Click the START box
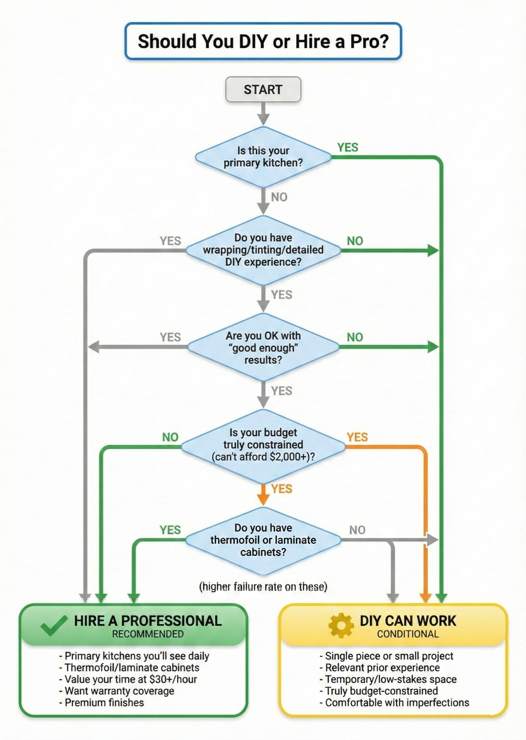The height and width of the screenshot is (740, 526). [x=263, y=89]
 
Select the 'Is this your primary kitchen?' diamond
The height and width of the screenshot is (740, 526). [x=263, y=157]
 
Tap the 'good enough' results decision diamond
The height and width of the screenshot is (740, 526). [x=263, y=347]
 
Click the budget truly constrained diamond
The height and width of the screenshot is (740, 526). [x=263, y=445]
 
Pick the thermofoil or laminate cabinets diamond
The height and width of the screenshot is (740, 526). [x=263, y=539]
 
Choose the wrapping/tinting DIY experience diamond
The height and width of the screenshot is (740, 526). [x=263, y=250]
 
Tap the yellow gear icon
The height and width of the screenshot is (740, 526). [x=341, y=625]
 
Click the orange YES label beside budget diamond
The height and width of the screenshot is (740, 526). [x=357, y=437]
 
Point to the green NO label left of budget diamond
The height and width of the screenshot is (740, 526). [x=170, y=437]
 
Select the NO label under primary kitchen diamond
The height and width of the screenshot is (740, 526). [x=279, y=197]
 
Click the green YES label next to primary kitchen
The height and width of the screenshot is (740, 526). [x=348, y=147]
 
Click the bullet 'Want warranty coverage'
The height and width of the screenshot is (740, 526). [x=119, y=690]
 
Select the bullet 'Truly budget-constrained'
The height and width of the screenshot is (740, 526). [x=381, y=690]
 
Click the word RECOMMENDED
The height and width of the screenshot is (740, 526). [x=148, y=634]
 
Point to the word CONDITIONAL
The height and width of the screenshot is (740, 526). [x=408, y=634]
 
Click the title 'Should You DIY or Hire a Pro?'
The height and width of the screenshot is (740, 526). [x=263, y=41]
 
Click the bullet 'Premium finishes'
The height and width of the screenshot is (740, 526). [x=104, y=702]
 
